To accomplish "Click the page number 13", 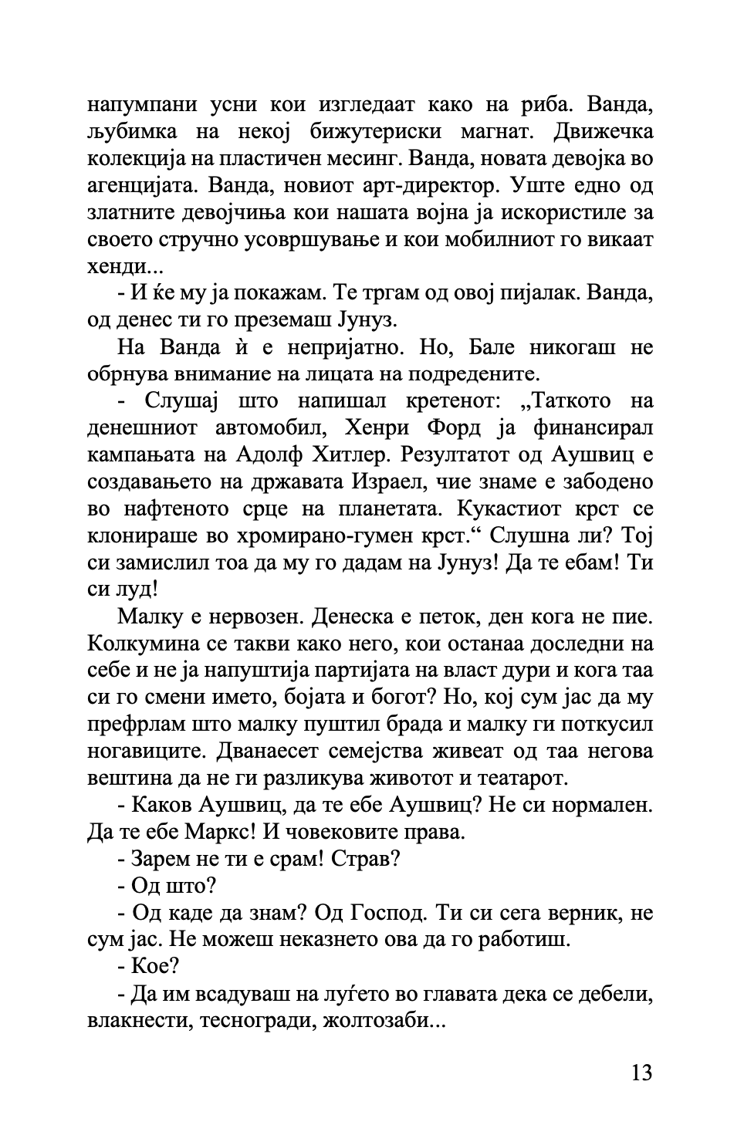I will coord(641,1073).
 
